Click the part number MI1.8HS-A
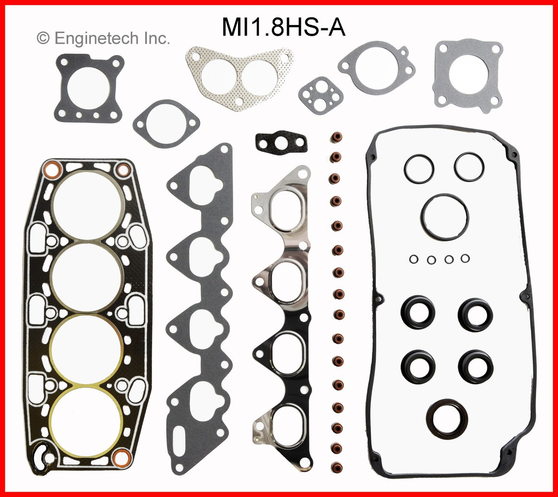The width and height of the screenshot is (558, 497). pos(284,27)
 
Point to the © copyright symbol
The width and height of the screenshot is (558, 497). pos(43,38)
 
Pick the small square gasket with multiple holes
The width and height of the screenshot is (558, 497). pos(321,95)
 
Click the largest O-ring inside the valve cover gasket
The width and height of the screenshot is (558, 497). pos(445,217)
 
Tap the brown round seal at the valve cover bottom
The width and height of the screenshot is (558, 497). pos(447,418)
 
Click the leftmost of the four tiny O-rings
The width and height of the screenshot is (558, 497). pos(414,259)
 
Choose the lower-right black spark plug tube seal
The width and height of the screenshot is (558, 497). pos(475,366)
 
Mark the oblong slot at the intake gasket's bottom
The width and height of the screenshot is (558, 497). pos(183,437)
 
